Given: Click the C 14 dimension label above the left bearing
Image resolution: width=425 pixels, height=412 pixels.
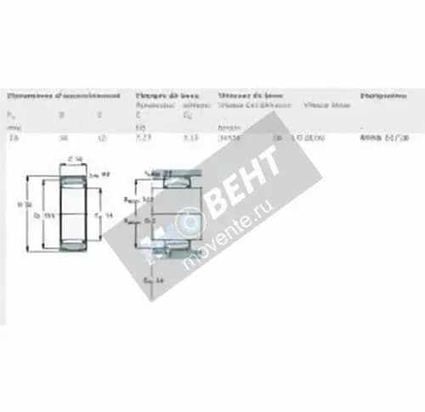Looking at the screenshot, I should coord(75,160).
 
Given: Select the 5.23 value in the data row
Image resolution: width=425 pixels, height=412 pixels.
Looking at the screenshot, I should coord(144,137).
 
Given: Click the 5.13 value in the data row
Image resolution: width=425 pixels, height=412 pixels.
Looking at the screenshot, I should coord(190,137).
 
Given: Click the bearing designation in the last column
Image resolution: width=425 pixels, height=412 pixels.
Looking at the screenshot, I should coord(383,137).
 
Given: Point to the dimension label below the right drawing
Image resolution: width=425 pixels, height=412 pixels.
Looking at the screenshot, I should coord(153,279).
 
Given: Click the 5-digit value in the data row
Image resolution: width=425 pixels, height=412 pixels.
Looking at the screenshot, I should coord(229,137).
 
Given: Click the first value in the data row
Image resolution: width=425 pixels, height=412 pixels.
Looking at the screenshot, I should coord(13,137).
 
